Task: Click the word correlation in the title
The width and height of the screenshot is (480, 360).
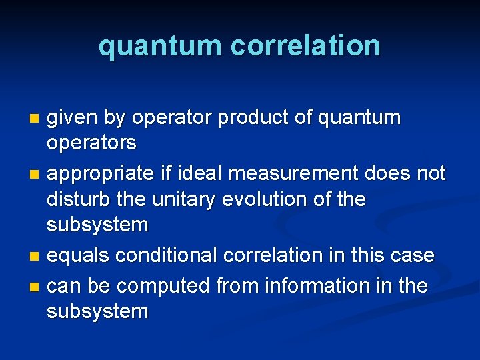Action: pos(305,45)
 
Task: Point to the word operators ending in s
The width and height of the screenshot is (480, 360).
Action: pos(91,143)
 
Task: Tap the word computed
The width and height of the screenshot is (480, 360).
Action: pos(169,287)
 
